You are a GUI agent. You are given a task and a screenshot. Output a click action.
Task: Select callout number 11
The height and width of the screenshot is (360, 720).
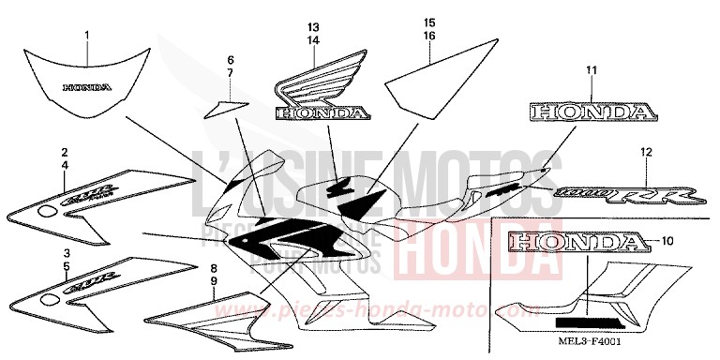pyautogui.click(x=592, y=70)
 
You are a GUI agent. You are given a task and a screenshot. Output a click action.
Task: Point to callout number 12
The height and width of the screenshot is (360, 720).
pyautogui.click(x=645, y=152)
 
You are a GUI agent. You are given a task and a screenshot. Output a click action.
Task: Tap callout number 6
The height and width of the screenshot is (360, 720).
pyautogui.click(x=230, y=60)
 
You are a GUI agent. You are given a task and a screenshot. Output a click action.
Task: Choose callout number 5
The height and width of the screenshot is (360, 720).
pyautogui.click(x=65, y=266)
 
